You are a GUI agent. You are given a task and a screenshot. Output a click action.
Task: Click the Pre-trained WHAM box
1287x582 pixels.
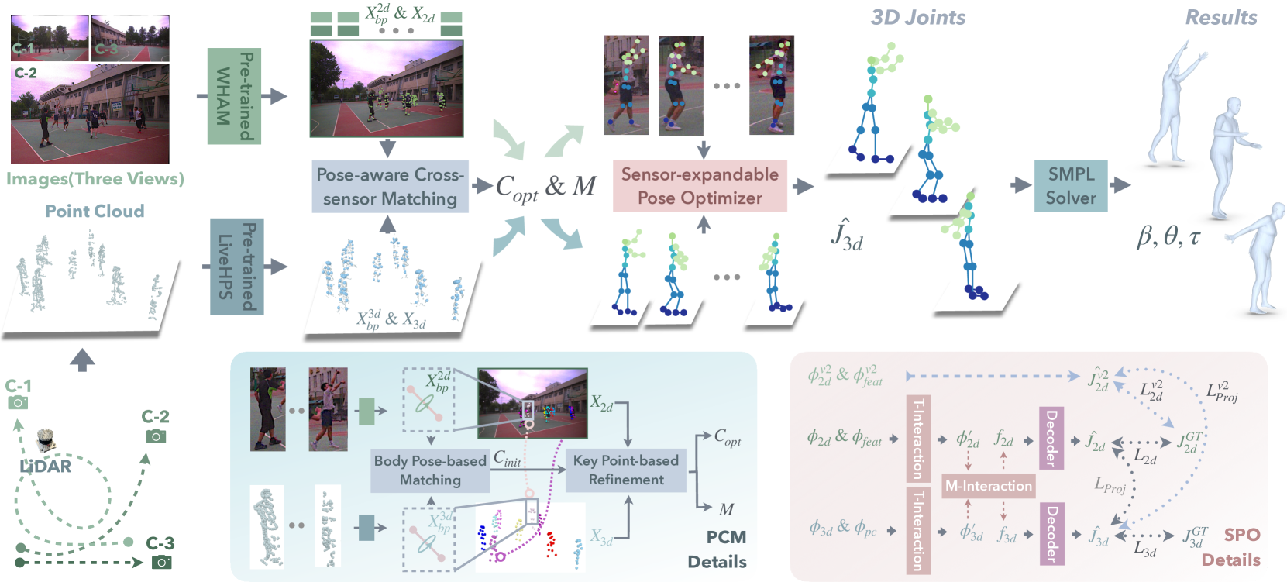point(234,96)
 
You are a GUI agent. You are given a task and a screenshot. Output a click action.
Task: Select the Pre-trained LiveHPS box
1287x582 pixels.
point(237,267)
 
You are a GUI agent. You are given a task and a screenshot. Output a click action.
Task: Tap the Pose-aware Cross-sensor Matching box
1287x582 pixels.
point(391,187)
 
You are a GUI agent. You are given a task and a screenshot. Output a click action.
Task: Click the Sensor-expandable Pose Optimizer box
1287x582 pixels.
point(700,186)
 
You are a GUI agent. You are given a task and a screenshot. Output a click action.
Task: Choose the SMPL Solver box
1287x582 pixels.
point(1071,186)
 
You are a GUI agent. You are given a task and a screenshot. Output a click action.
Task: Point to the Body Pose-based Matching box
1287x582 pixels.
point(430,470)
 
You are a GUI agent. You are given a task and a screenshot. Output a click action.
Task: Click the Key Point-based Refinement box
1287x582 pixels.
point(626,470)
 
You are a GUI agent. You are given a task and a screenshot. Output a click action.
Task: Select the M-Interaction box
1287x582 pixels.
point(988,486)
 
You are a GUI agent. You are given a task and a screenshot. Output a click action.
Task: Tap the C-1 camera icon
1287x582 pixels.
point(17,402)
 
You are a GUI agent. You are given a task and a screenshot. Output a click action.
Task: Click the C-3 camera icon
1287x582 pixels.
point(161,561)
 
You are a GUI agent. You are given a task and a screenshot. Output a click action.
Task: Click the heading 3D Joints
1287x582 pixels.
point(918,18)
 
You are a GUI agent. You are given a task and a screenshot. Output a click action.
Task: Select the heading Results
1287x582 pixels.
point(1221,18)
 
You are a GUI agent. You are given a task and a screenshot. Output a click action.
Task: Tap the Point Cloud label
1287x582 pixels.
point(95,211)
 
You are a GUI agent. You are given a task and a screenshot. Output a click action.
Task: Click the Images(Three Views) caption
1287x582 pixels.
point(95,179)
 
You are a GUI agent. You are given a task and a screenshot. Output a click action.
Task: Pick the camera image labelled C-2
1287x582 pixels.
point(90,113)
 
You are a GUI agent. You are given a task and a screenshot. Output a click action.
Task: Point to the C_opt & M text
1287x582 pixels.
point(545,187)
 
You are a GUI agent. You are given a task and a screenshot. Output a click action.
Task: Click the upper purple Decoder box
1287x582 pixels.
point(1051,438)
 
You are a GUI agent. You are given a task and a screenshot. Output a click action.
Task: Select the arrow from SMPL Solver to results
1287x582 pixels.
point(1120,185)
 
